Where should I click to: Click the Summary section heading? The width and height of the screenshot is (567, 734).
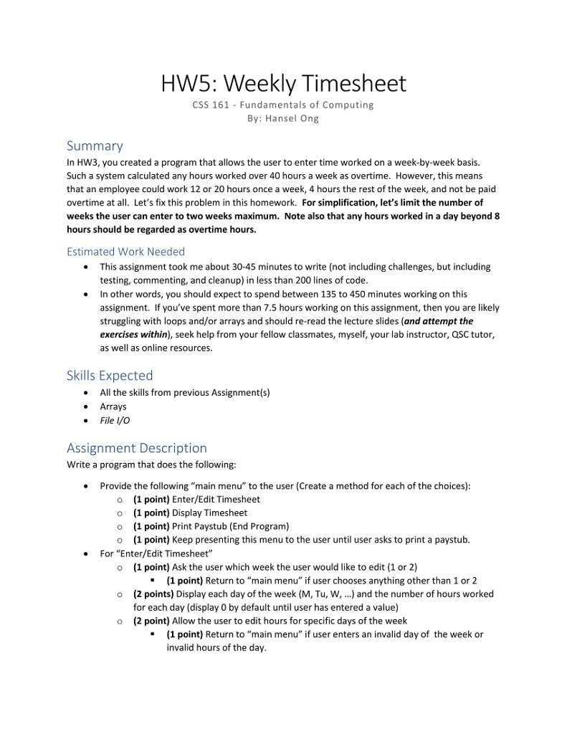click(x=95, y=146)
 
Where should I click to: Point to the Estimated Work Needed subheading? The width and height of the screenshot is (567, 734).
click(x=125, y=252)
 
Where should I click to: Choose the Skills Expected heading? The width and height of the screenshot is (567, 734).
click(x=110, y=376)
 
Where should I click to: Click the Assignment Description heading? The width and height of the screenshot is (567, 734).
click(x=136, y=448)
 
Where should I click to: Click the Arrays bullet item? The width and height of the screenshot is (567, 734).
click(x=113, y=406)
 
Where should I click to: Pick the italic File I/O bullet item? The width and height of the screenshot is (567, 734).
click(x=115, y=420)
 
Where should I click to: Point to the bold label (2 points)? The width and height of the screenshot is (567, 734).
click(x=153, y=594)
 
